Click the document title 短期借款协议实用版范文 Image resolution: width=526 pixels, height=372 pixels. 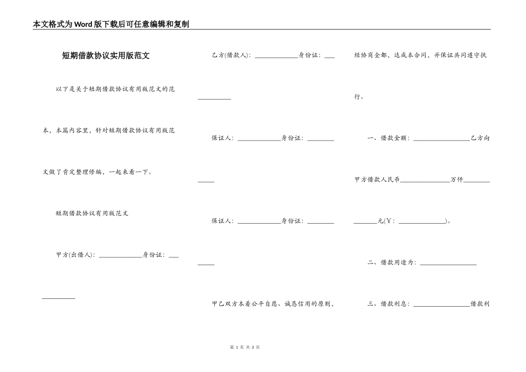tap(106, 56)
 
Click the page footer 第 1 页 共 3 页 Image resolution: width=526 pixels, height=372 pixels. tap(244, 347)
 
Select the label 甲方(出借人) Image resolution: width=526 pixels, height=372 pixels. tap(75, 255)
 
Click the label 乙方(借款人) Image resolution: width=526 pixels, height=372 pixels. tap(231, 55)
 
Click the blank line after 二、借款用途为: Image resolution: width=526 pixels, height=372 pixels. tap(448, 264)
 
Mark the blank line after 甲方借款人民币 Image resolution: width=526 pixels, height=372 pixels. tap(425, 182)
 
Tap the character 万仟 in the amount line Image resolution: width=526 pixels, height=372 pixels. tap(457, 180)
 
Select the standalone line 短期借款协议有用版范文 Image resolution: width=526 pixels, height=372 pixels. tap(92, 213)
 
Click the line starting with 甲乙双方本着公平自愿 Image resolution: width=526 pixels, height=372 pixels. tap(272, 304)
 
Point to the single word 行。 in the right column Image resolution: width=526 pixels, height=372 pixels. tap(359, 97)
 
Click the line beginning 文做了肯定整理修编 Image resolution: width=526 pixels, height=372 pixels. tap(97, 172)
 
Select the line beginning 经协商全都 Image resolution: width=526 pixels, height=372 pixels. tap(420, 55)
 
